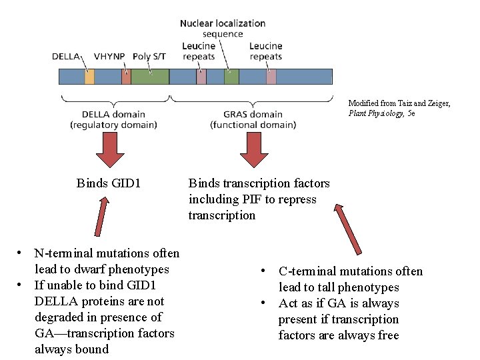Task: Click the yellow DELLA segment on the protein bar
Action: [x=89, y=76]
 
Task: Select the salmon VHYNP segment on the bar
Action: [x=126, y=76]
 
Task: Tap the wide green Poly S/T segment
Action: [x=149, y=76]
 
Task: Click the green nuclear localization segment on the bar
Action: [x=231, y=76]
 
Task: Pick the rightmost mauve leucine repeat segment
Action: [x=271, y=76]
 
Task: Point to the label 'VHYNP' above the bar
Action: [x=109, y=57]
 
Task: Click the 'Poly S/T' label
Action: [x=149, y=57]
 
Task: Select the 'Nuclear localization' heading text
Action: [x=223, y=23]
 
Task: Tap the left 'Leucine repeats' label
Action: [x=199, y=51]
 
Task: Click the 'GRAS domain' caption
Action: [x=253, y=114]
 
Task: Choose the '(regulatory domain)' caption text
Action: [x=114, y=125]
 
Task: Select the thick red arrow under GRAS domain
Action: [x=253, y=150]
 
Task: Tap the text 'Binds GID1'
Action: [x=109, y=183]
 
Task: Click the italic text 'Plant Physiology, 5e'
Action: [x=381, y=113]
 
